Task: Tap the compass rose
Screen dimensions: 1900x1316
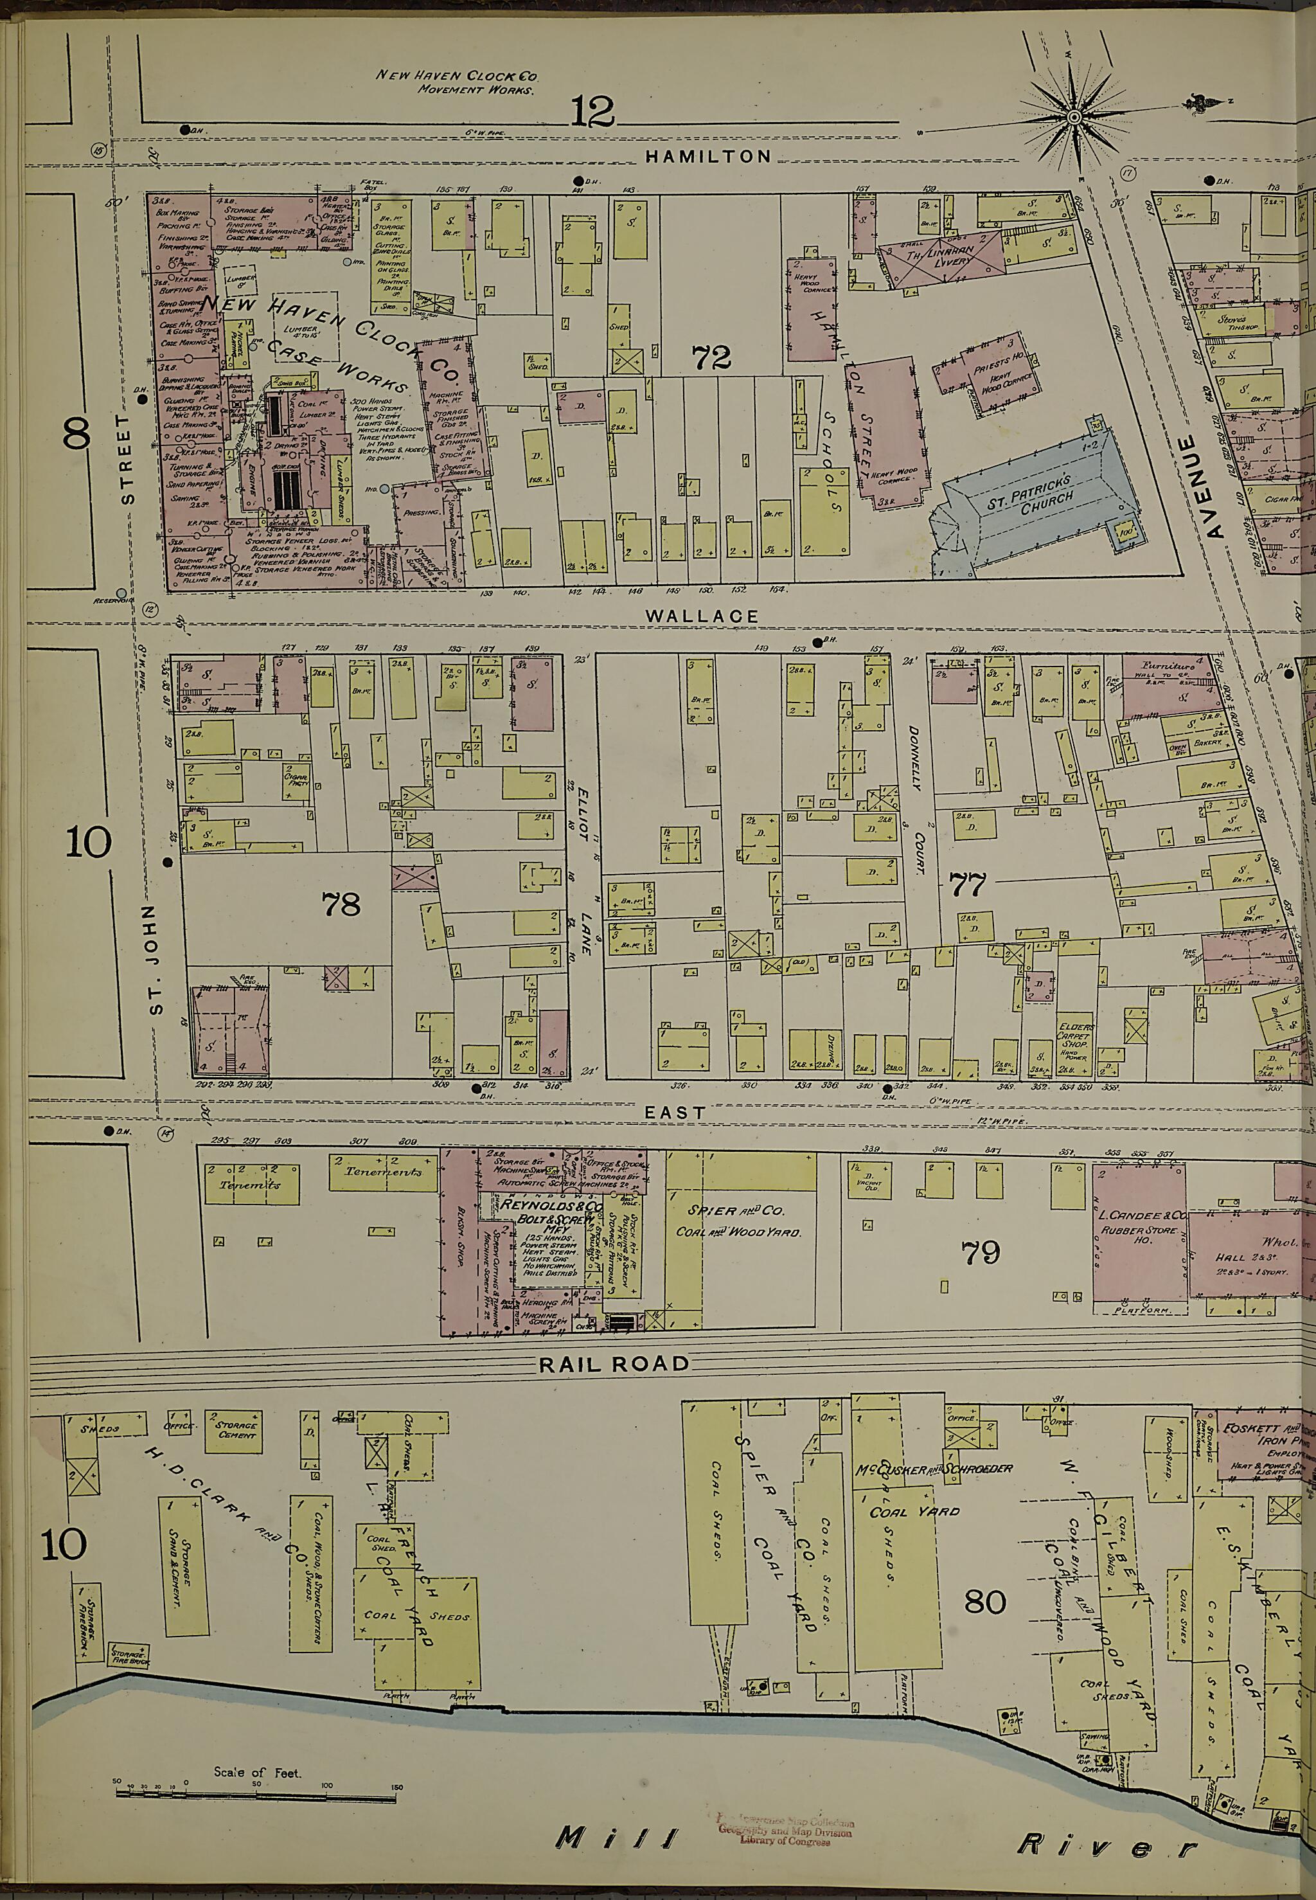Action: click(1074, 120)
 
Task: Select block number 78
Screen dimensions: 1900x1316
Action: click(341, 904)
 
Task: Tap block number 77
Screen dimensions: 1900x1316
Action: click(967, 885)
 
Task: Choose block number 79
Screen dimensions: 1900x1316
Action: click(981, 1253)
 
